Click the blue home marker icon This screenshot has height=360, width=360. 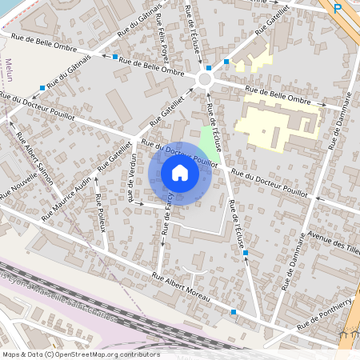click(180, 173)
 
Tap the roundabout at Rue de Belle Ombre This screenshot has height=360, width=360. click(205, 80)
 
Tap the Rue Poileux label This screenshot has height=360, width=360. click(101, 212)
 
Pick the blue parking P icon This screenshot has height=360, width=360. click(338, 8)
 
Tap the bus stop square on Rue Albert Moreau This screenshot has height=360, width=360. click(234, 312)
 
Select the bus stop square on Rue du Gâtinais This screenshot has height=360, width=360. click(42, 88)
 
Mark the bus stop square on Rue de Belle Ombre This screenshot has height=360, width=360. click(116, 57)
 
